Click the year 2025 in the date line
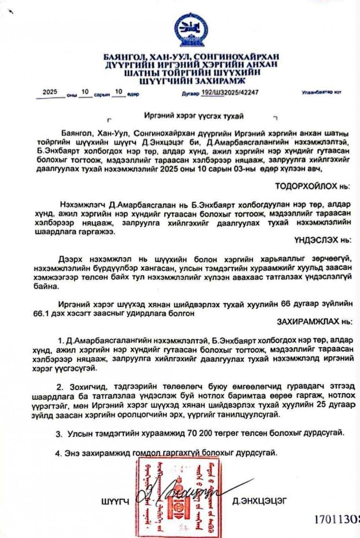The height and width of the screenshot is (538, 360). pyautogui.click(x=50, y=91)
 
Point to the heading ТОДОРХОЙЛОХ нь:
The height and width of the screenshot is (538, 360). pyautogui.click(x=312, y=185)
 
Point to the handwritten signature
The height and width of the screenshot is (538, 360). pyautogui.click(x=192, y=492)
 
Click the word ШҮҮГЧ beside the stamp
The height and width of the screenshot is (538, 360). pyautogui.click(x=116, y=502)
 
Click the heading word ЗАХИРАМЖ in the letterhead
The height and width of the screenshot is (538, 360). pyautogui.click(x=206, y=81)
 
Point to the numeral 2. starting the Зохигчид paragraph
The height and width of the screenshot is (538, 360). pyautogui.click(x=60, y=386)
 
